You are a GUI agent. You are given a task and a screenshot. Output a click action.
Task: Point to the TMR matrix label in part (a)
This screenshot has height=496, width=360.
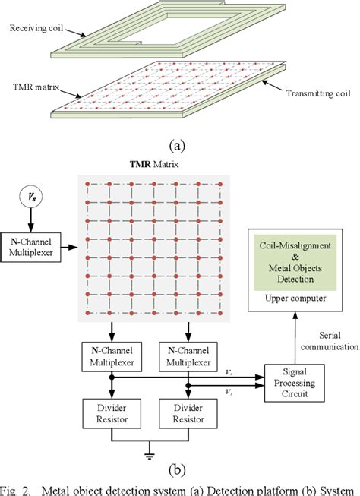pyautogui.click(x=30, y=87)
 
